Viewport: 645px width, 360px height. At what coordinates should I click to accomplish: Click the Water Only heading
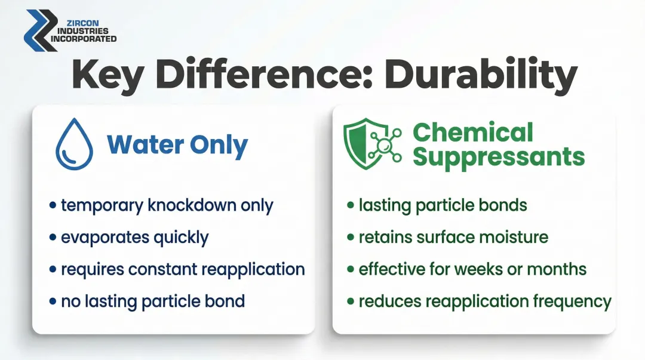177,145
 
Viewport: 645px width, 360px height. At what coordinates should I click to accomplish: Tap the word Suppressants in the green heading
498,156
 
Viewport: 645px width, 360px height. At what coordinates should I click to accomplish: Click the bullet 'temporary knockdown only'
167,205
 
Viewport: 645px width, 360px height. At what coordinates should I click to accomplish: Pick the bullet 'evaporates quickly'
134,237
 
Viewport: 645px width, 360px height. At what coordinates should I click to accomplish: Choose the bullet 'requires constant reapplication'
183,269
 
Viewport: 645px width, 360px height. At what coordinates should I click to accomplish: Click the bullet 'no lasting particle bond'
153,300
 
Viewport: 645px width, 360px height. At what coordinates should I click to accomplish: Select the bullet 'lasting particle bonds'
443,205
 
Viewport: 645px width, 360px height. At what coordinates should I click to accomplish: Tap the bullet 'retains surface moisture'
453,237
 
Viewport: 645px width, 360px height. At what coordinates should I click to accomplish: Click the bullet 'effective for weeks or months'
472,269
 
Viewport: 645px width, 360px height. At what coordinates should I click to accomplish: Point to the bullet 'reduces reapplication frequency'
484,300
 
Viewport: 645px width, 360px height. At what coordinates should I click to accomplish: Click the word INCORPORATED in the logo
84,39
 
